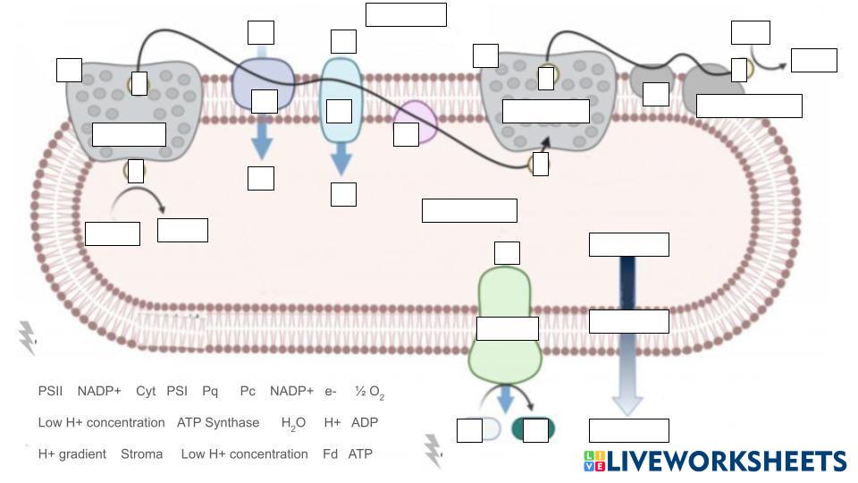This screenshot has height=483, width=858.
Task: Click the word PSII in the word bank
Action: coord(50,392)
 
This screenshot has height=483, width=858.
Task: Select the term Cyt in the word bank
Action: coord(146,392)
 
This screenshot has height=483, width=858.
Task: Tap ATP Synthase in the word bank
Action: coord(218,423)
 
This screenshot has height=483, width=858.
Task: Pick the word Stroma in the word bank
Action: coord(141,454)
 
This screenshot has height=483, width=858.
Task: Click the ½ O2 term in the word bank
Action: coord(369,393)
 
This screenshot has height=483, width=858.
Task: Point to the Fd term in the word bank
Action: coord(330,454)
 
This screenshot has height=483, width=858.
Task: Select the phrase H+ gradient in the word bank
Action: coord(71,454)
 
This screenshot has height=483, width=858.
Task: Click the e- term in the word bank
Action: coord(331,392)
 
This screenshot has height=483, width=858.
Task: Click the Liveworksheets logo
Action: coord(715,461)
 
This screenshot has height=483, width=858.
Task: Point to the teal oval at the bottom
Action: coord(534,430)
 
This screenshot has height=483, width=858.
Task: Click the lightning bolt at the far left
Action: coord(27,338)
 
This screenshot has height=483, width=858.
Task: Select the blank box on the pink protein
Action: coord(406,134)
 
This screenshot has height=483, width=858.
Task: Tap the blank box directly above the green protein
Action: coord(507,253)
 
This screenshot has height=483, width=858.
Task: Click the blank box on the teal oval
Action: coord(535,430)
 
